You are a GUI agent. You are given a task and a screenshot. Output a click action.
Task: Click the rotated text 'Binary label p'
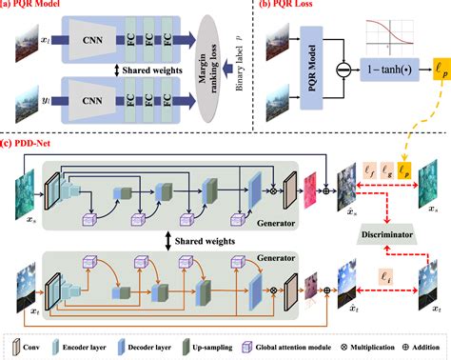click(x=232, y=72)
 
